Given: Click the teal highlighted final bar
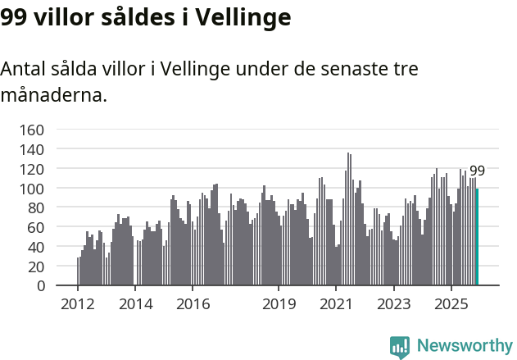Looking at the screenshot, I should point(477,237).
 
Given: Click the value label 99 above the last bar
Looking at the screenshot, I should point(477,171).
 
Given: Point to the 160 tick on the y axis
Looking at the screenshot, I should point(32,130).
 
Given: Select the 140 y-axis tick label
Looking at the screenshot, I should point(32,150).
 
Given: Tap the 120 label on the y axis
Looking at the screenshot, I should point(32,169).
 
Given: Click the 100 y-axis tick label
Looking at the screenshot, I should point(32,189).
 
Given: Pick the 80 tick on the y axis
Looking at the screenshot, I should point(36,208).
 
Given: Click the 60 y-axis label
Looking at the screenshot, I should point(36,227).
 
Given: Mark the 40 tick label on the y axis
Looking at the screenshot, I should point(36,247).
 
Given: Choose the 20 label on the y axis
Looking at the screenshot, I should point(36,267).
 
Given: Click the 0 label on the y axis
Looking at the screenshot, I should point(40,286).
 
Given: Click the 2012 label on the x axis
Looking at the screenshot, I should point(78,305).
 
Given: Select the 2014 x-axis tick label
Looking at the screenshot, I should point(135,305).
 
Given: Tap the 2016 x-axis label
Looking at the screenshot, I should point(193,305).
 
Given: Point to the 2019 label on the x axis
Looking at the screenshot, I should point(279,305).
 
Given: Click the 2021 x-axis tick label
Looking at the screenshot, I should point(336,305).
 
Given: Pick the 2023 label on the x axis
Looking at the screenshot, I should point(393,305).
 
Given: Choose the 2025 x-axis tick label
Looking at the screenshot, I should point(451,305).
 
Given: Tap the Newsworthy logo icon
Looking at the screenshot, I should point(400,347).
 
